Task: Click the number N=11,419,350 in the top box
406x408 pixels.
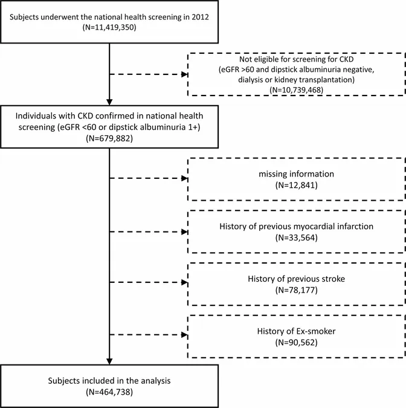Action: pos(109,27)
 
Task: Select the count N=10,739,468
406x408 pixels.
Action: pos(296,90)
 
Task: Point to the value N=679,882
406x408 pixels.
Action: pos(109,138)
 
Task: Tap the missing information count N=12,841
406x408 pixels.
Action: pos(296,186)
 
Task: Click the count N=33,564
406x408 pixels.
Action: pos(296,238)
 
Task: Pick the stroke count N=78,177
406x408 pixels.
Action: pos(296,290)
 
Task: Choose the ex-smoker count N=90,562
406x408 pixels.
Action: pos(296,343)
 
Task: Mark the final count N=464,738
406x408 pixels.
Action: pos(109,392)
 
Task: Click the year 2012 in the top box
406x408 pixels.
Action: pos(200,17)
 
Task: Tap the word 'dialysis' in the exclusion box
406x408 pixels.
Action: pos(251,80)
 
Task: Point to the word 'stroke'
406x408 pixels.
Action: pos(333,279)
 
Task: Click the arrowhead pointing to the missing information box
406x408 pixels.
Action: pos(184,178)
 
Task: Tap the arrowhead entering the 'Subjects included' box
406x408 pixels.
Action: pos(109,361)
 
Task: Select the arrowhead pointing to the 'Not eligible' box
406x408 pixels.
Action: pos(184,74)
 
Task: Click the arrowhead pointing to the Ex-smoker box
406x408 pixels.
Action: pos(184,335)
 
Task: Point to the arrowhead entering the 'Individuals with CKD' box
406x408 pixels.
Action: pos(109,102)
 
